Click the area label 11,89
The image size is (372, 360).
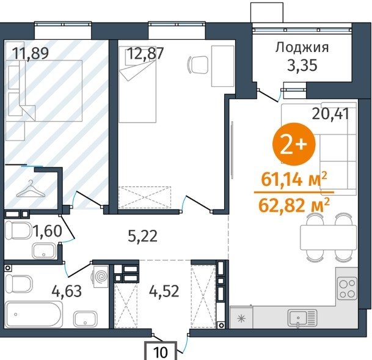[x=31, y=53]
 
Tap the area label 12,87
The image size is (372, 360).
[x=145, y=53]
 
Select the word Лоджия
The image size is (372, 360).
[x=302, y=48]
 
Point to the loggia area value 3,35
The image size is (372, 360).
[x=302, y=65]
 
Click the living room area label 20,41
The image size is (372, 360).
[x=330, y=114]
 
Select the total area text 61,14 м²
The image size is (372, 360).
[x=294, y=180]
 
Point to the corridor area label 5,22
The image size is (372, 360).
[x=142, y=237]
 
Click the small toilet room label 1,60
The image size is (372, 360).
[x=48, y=231]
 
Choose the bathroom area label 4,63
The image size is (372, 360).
[x=67, y=291]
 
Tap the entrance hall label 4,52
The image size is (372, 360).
[x=164, y=291]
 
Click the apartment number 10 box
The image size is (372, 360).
[x=161, y=351]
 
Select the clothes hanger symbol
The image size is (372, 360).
[x=31, y=189]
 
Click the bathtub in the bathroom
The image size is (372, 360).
[x=34, y=314]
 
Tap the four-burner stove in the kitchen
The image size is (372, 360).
[x=347, y=288]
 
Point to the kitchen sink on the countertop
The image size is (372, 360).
[x=302, y=318]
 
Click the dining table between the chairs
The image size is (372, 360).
[x=329, y=238]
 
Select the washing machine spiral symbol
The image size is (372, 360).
[x=101, y=276]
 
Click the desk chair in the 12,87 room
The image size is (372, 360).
[x=197, y=64]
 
